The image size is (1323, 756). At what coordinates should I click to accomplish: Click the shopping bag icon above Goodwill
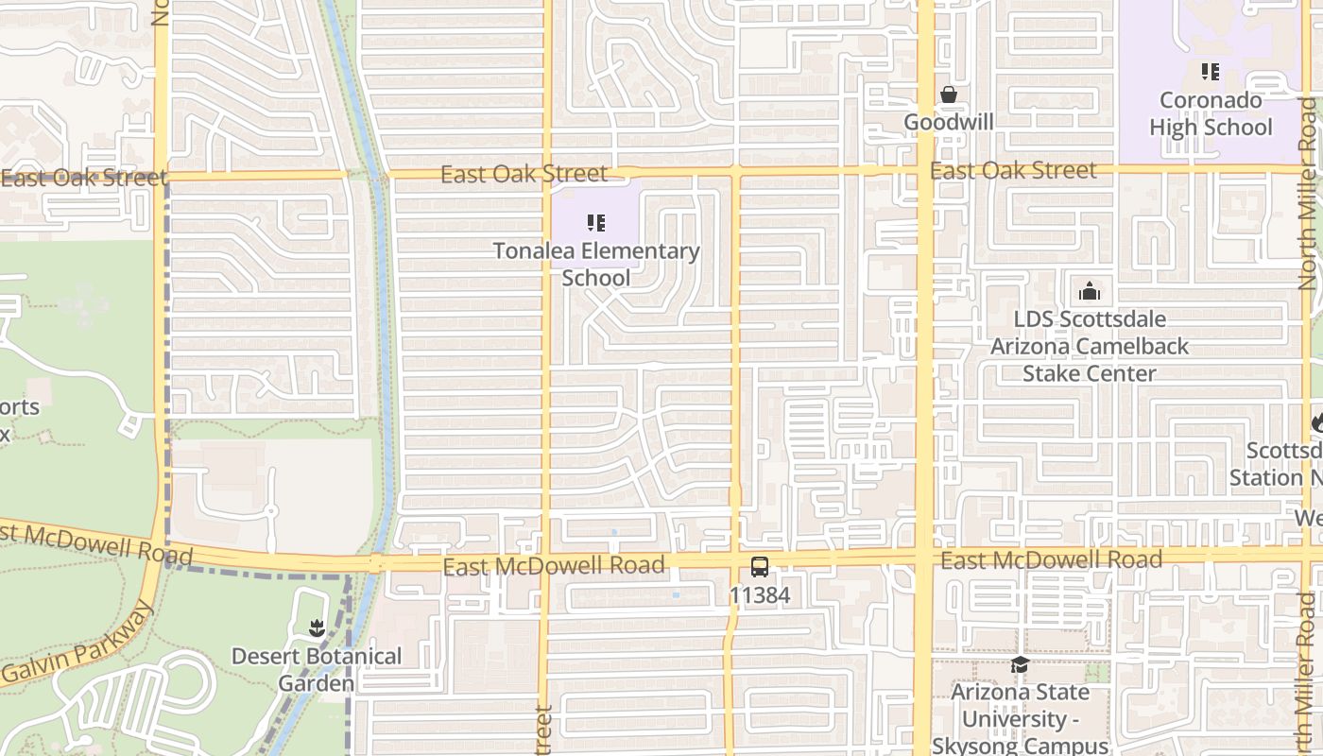point(948,95)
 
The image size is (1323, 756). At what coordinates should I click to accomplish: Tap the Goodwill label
point(948,122)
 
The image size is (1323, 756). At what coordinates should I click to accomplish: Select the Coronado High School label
point(1211,113)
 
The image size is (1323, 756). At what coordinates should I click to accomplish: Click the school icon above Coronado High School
point(1211,72)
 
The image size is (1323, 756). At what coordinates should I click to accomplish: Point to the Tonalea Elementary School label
point(596,265)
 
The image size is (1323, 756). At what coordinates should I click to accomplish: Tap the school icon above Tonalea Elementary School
point(596,223)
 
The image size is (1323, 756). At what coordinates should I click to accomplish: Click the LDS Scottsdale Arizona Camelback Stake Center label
point(1090,346)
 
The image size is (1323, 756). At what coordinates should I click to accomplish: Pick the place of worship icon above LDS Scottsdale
point(1090,291)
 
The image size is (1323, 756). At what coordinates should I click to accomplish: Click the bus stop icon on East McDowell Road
point(760,567)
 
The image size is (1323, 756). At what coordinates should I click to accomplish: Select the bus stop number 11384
point(760,596)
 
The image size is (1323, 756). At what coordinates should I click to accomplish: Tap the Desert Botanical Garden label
point(317,669)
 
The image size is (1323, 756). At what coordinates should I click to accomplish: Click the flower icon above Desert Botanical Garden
point(317,627)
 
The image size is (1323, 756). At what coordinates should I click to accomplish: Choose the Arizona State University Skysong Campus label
point(1020,718)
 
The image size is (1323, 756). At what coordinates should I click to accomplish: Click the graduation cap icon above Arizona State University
point(1020,665)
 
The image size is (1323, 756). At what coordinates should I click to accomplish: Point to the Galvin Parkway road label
point(77,646)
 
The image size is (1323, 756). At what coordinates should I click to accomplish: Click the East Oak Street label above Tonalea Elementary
point(524,174)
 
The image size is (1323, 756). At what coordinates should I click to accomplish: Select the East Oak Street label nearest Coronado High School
point(1013,171)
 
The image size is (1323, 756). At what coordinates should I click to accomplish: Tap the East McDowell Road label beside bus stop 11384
point(554,566)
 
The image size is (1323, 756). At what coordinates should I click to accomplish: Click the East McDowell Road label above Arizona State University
point(1051,560)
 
